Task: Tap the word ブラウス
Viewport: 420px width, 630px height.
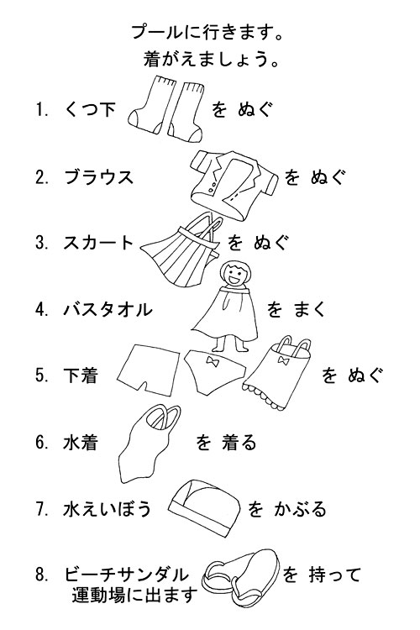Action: [99, 177]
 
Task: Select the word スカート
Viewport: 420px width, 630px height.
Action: [98, 243]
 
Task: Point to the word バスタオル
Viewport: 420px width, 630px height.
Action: [108, 309]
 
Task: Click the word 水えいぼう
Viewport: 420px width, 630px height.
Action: [108, 509]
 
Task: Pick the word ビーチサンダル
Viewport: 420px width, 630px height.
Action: [126, 575]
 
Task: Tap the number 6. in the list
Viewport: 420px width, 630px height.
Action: [42, 443]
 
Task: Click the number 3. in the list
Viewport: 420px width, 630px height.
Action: [42, 243]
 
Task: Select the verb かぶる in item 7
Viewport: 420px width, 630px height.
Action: [300, 509]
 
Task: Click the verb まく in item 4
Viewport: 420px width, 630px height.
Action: [309, 309]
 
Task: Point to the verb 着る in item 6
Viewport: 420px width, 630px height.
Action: [239, 443]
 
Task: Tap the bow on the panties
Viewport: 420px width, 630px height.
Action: [212, 360]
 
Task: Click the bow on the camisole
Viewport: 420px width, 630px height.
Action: [284, 360]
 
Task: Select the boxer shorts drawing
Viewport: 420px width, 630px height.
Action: [149, 369]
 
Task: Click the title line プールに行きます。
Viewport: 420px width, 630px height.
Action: [208, 33]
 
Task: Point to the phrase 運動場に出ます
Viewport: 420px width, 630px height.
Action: [135, 595]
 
